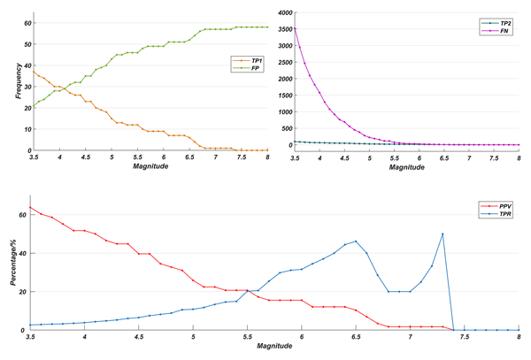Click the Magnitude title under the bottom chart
(274, 350)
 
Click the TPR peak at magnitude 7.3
(442, 234)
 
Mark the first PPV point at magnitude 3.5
(31, 207)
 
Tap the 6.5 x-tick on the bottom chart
(356, 337)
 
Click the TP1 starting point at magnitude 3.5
(33, 73)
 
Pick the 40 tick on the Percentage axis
(24, 253)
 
